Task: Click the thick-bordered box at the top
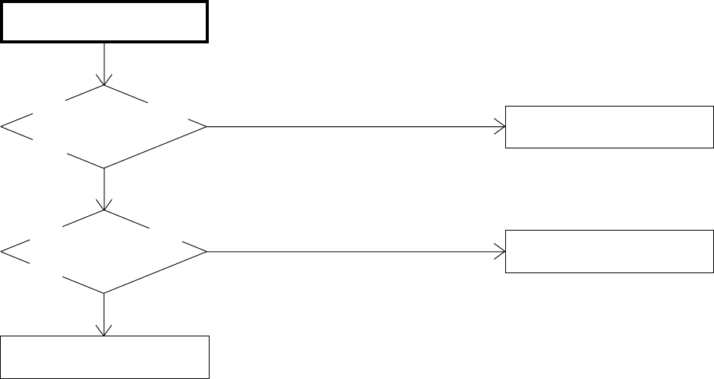[104, 21]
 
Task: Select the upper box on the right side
[608, 126]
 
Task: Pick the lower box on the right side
[608, 252]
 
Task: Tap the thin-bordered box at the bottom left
[104, 356]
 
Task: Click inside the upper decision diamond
[104, 126]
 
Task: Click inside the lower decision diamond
[104, 251]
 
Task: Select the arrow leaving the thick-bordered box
[104, 61]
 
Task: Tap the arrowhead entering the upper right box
[500, 126]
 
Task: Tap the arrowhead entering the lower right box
[500, 251]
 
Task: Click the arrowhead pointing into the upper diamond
[104, 81]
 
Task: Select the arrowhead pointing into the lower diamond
[104, 205]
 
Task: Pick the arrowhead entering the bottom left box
[104, 330]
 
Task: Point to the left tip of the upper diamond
[3, 126]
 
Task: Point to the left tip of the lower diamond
[3, 251]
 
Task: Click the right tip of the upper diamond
[206, 126]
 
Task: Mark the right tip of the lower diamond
[206, 251]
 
